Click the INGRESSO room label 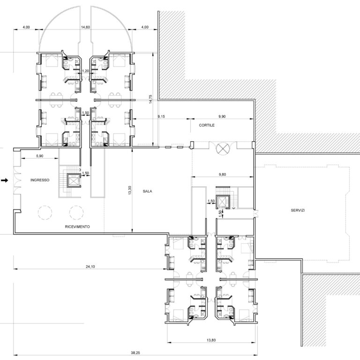pyautogui.click(x=40, y=180)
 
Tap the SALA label pyautogui.click(x=147, y=191)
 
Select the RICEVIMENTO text pyautogui.click(x=77, y=226)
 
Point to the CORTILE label pyautogui.click(x=207, y=125)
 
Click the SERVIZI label pyautogui.click(x=298, y=210)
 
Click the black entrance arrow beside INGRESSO pyautogui.click(x=5, y=180)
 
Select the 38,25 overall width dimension pyautogui.click(x=135, y=352)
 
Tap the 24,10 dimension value pyautogui.click(x=90, y=267)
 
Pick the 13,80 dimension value pyautogui.click(x=211, y=340)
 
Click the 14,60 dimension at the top pyautogui.click(x=85, y=27)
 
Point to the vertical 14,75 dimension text pyautogui.click(x=150, y=99)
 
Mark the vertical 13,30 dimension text pyautogui.click(x=130, y=190)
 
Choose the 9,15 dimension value pyautogui.click(x=161, y=116)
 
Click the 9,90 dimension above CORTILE pyautogui.click(x=222, y=116)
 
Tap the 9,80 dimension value pyautogui.click(x=222, y=174)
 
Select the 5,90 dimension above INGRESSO pyautogui.click(x=40, y=156)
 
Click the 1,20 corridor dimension pyautogui.click(x=85, y=71)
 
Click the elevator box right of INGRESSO pyautogui.click(x=74, y=181)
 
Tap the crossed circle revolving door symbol pyautogui.click(x=223, y=148)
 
